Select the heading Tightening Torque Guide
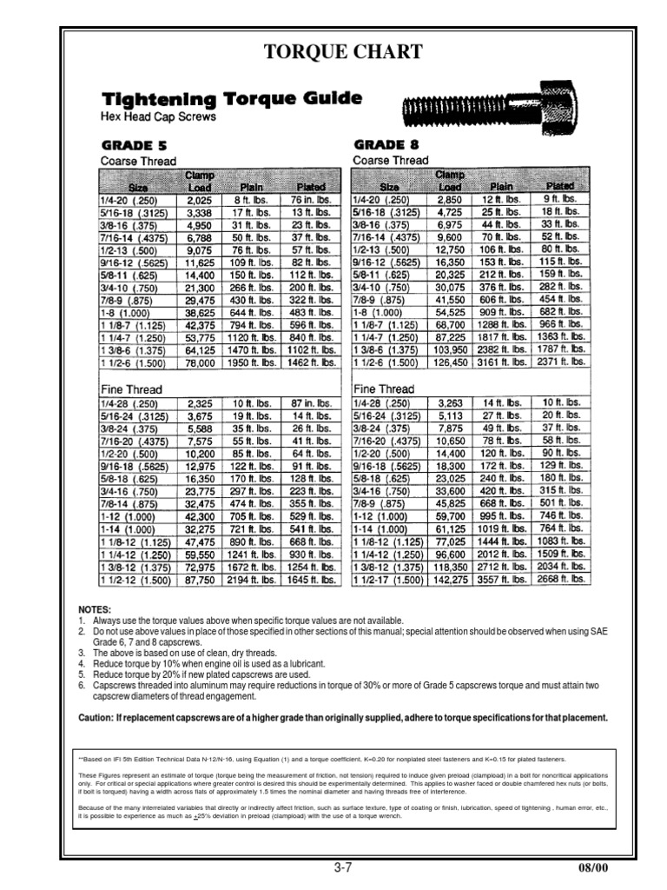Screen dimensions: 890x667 point(232,99)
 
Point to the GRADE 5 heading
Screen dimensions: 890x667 point(135,144)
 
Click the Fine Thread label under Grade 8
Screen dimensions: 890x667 point(383,389)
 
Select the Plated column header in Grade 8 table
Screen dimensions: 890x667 point(559,185)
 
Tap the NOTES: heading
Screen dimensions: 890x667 point(94,610)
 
